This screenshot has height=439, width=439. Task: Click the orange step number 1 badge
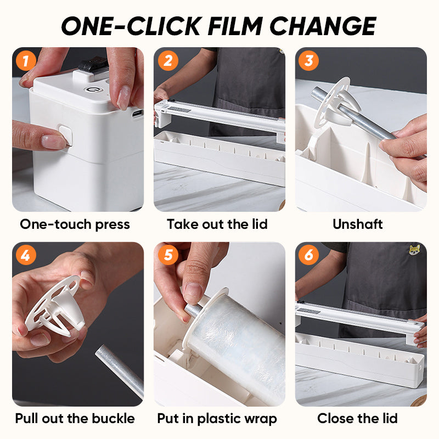tap(25, 60)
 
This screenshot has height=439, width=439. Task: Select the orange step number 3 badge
tap(308, 60)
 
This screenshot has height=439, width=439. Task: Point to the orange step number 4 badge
tap(25, 256)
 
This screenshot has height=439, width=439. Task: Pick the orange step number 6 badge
tap(308, 256)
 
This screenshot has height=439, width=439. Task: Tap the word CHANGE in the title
tap(323, 26)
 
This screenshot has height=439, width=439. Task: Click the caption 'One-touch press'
tap(75, 224)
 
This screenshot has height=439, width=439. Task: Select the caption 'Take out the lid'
tap(217, 224)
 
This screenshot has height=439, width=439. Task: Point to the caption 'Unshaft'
tap(358, 224)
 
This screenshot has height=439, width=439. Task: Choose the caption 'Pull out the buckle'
tap(75, 418)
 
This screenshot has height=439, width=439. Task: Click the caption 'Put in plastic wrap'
tap(217, 419)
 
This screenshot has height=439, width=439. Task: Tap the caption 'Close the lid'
tap(357, 418)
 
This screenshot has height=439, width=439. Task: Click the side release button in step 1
tap(65, 135)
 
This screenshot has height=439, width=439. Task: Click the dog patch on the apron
tap(415, 250)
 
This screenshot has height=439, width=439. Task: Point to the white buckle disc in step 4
tap(58, 305)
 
